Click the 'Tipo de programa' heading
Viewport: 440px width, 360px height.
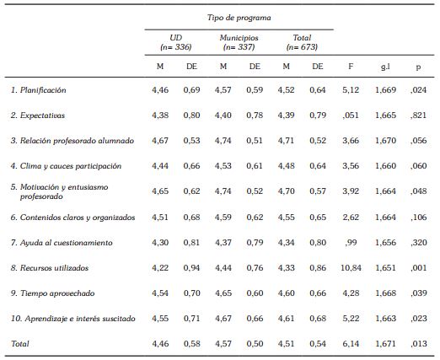pos(239,17)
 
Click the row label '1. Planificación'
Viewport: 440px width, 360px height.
pos(38,89)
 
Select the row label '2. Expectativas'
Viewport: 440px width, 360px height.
pos(38,114)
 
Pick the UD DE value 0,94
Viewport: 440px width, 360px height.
pos(193,268)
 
